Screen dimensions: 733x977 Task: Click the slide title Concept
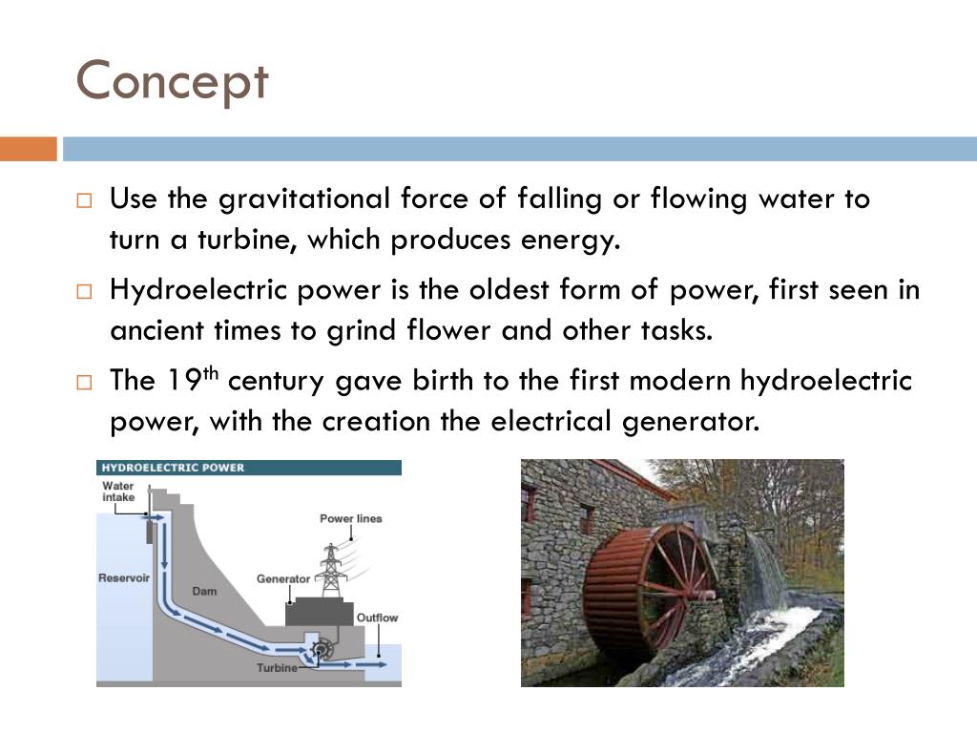[x=172, y=82]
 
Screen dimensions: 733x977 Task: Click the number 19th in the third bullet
[x=194, y=380]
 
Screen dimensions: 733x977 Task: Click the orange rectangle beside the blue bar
[x=29, y=149]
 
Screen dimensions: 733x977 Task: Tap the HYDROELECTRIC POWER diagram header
[x=173, y=468]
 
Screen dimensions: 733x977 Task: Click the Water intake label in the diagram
[x=118, y=492]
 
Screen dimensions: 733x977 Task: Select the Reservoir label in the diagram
[x=124, y=578]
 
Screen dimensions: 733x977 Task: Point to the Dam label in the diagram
[x=204, y=591]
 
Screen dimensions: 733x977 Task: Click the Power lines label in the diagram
[x=350, y=519]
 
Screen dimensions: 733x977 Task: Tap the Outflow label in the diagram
[x=377, y=618]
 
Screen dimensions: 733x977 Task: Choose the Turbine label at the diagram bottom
[x=277, y=668]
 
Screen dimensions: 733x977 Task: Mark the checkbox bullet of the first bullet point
[x=84, y=201]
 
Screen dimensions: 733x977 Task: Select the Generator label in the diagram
[x=283, y=578]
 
